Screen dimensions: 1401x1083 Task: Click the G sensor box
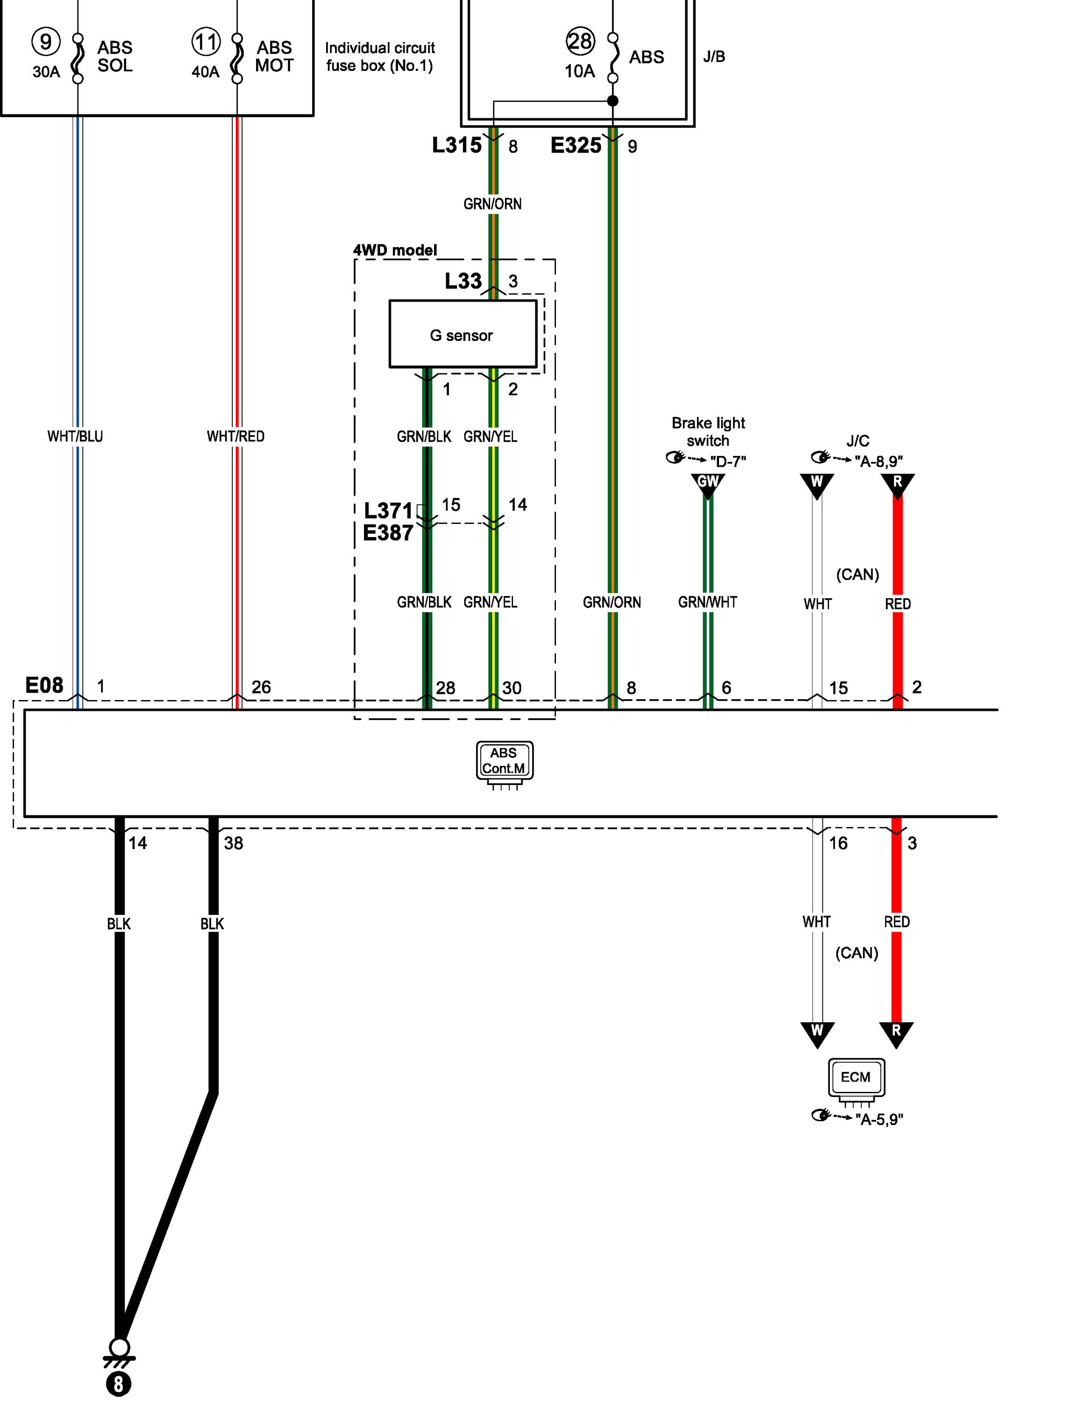463,334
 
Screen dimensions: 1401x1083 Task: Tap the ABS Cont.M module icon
504,761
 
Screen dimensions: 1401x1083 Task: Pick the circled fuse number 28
580,41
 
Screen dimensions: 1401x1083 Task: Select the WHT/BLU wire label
75,436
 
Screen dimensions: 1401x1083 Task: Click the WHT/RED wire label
235,436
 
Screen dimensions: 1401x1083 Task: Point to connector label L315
456,145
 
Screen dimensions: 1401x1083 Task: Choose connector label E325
576,145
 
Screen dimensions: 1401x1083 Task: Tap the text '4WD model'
395,250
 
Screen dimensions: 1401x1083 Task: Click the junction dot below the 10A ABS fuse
613,101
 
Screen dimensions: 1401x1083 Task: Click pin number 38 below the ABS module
234,843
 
